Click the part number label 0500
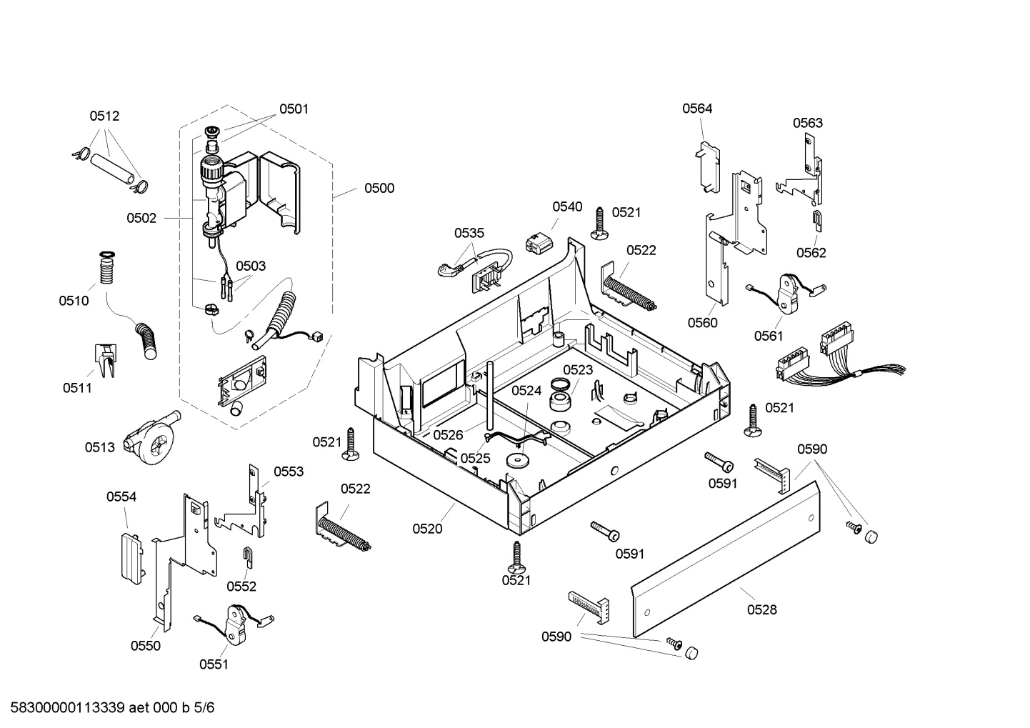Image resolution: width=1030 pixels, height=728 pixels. point(379,188)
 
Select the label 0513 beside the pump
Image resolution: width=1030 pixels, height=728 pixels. point(99,447)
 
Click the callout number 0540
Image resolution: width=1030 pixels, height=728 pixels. point(567,206)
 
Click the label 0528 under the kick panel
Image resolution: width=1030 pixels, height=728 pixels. point(762,609)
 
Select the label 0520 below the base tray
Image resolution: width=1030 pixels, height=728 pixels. point(427,529)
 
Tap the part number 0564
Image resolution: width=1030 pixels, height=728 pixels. point(697,109)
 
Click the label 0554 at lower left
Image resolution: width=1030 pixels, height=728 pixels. point(121,497)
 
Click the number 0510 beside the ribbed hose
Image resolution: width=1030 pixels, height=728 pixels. point(74,301)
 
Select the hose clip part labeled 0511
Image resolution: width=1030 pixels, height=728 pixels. point(104,360)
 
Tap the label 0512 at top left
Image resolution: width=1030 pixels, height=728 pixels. point(104,116)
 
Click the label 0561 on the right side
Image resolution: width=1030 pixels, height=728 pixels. point(769,336)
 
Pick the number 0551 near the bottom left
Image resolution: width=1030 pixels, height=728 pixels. point(214,664)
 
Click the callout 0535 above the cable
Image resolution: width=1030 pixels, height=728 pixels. point(469,233)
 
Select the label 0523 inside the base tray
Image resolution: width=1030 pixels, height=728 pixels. point(578,369)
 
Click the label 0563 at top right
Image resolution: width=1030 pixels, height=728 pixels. point(808,123)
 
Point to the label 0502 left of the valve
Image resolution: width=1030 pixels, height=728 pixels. point(141,218)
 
